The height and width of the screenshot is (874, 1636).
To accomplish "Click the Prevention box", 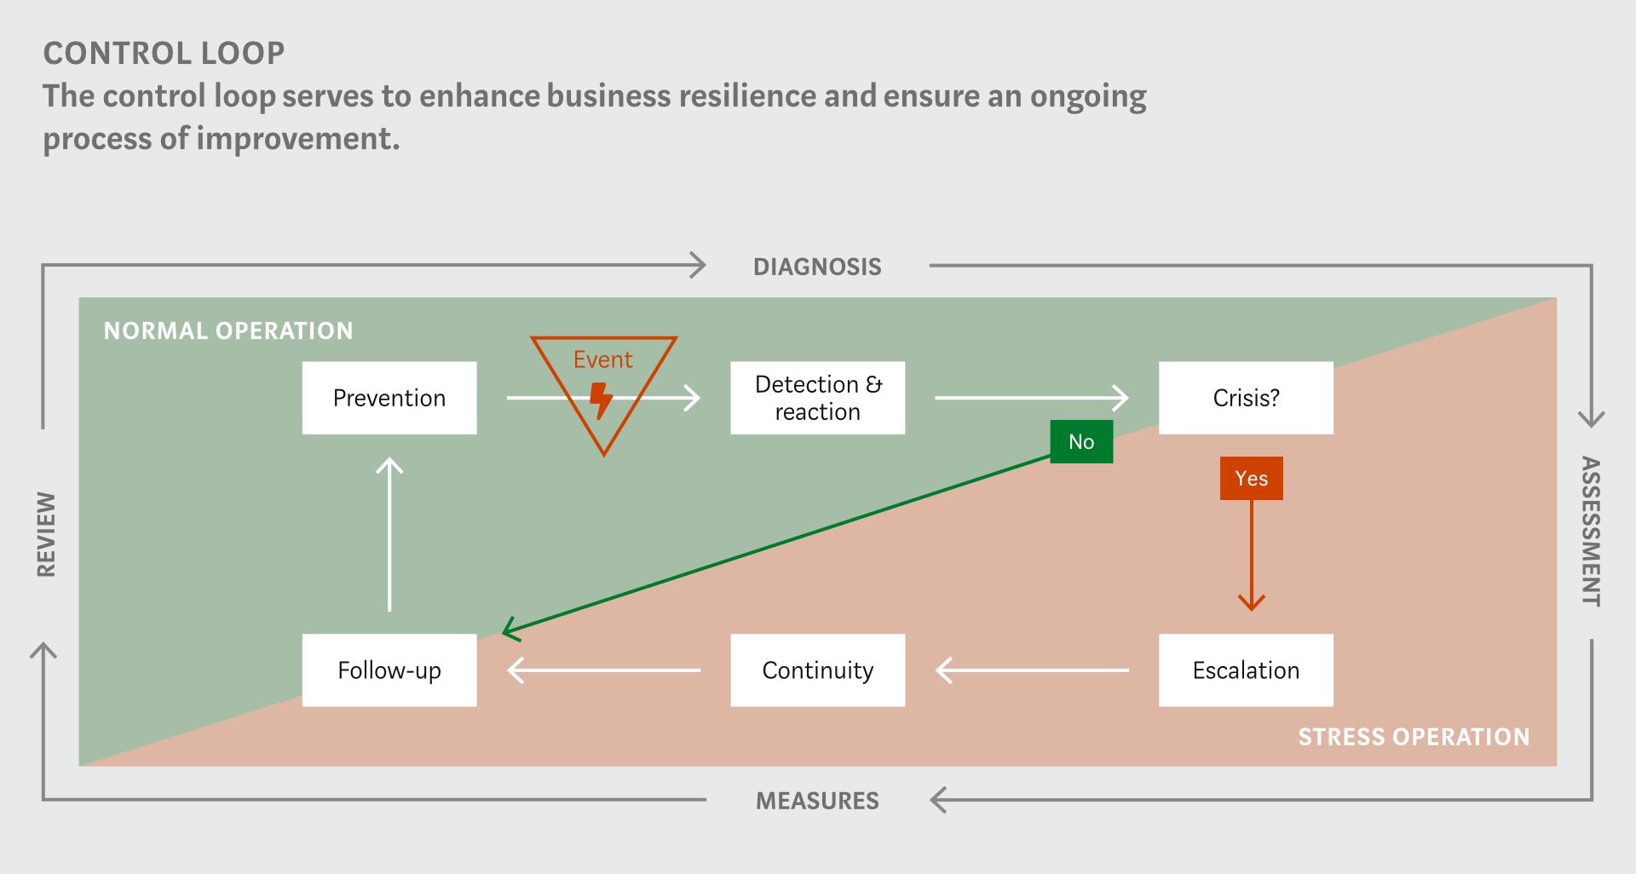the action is [389, 398].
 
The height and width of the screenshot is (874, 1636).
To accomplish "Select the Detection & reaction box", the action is [818, 398].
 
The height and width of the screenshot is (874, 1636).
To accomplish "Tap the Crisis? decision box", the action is [1246, 398].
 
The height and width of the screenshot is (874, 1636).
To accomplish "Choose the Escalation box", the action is [1246, 670].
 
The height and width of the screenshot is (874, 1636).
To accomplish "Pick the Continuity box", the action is [818, 670].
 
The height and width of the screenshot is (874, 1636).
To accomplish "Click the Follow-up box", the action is [389, 670].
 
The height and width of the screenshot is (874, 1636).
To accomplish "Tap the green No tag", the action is [1081, 441].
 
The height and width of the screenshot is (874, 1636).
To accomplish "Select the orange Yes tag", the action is [1252, 478].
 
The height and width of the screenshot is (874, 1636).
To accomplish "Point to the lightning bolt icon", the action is [602, 400].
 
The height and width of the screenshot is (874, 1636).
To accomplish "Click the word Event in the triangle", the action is [603, 359].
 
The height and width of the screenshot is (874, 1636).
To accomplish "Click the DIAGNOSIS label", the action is [817, 267].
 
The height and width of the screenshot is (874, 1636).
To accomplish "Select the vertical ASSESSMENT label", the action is [1591, 532].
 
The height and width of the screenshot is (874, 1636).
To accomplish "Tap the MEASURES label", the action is [817, 801].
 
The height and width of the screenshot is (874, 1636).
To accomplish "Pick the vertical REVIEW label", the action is [46, 534].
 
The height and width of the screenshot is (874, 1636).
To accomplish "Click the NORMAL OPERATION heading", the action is [228, 331].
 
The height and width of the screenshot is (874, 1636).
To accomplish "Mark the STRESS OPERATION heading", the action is [1414, 737].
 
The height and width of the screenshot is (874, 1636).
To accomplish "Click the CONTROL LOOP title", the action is [164, 53].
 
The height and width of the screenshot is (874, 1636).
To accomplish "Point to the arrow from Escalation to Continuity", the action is [1033, 670].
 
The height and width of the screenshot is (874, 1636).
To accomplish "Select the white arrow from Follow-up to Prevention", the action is [389, 534].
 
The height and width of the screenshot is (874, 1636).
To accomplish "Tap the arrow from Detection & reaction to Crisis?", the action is [1032, 398].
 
